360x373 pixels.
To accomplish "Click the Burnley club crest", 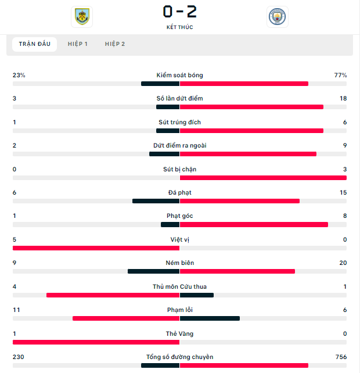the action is (x=82, y=16).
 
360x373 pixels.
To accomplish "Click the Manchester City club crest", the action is (x=277, y=17).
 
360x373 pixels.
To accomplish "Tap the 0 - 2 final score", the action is (x=180, y=12).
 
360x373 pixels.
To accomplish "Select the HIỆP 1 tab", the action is (x=78, y=44).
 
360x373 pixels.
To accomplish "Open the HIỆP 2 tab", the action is (x=115, y=44).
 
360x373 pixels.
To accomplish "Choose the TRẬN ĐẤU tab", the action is (x=35, y=44).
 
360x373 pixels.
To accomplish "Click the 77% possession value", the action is (x=340, y=75).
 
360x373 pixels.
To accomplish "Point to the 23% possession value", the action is (x=19, y=75).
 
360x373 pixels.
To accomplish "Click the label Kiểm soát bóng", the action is (x=180, y=75).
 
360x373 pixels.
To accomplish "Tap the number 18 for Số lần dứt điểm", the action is (x=343, y=99).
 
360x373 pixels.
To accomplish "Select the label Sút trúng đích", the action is (x=180, y=122).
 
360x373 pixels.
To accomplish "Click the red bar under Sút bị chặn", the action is (x=263, y=178).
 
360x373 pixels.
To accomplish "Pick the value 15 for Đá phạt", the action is (x=343, y=192).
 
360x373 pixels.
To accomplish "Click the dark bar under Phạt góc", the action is (x=170, y=225).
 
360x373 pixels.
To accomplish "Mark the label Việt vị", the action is (x=180, y=239).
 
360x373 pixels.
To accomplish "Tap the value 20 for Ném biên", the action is (x=343, y=263).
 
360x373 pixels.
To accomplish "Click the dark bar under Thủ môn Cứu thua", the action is (x=197, y=295).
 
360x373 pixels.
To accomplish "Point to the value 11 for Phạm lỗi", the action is (x=16, y=310).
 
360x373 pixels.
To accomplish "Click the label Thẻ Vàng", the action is (x=180, y=333).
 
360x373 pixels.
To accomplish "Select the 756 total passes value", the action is (x=341, y=357).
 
